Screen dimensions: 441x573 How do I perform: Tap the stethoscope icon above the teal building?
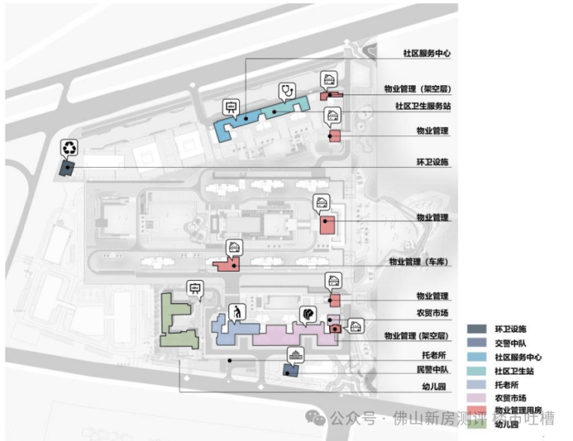click(x=287, y=91)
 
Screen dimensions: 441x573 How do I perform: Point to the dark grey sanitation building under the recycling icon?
click(x=68, y=166)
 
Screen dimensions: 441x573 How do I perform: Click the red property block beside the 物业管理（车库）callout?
click(x=226, y=264)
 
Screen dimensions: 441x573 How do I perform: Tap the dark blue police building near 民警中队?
click(x=290, y=370)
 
